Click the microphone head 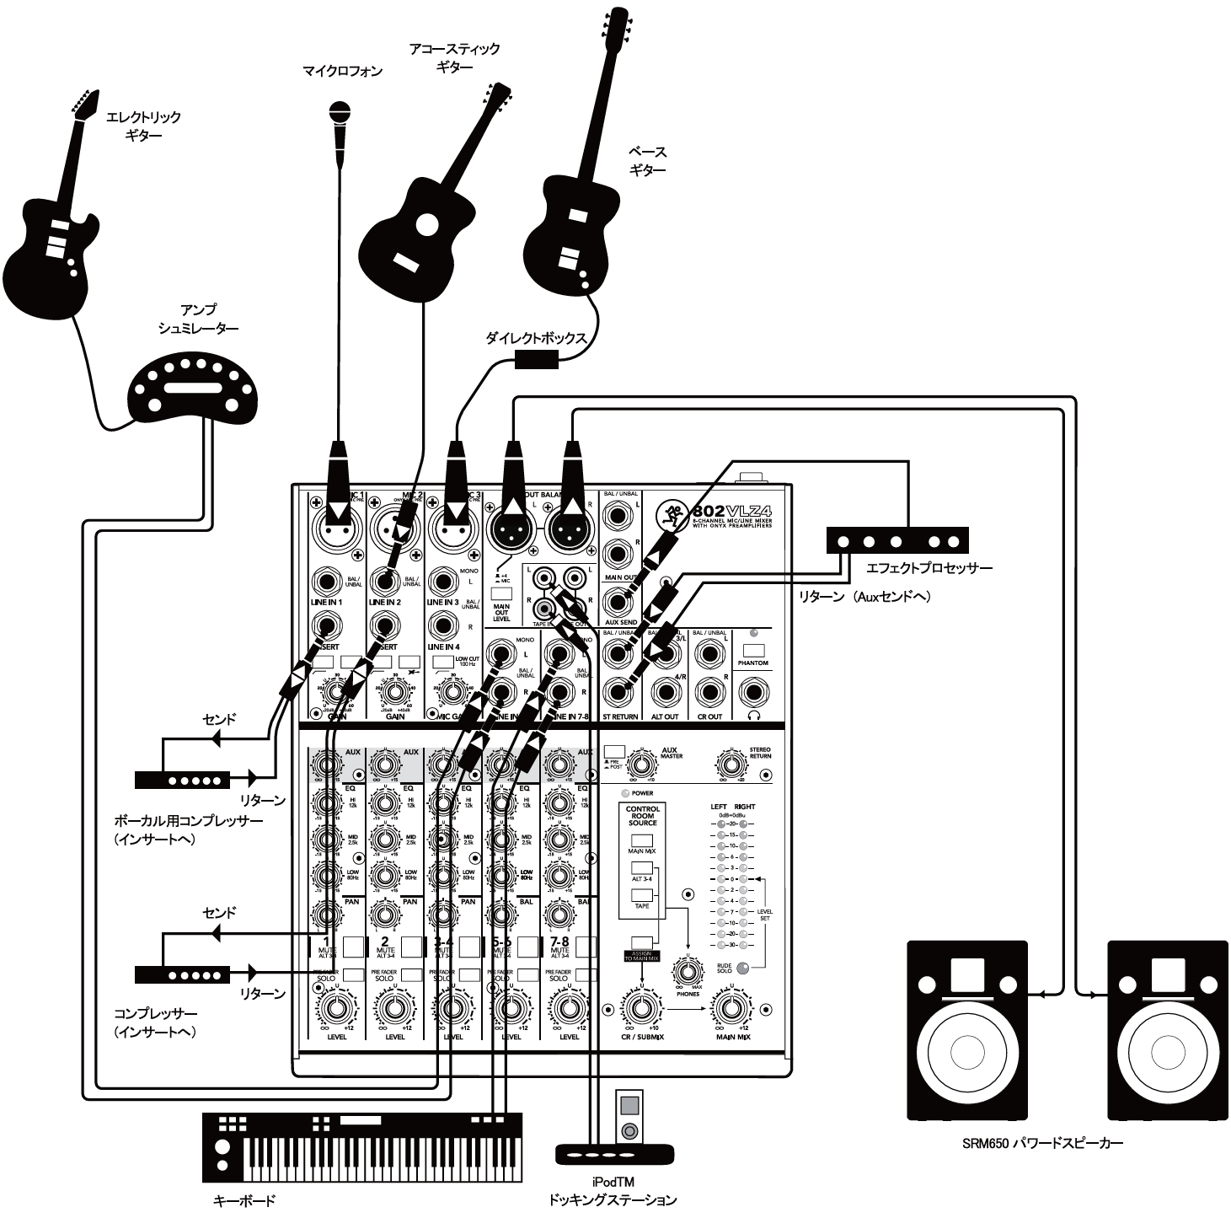[340, 112]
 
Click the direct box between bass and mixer [537, 360]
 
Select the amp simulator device [195, 389]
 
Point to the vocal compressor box [182, 780]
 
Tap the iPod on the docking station [629, 1115]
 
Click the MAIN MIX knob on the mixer [731, 1008]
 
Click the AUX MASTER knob [642, 764]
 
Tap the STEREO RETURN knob [731, 765]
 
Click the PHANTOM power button [753, 651]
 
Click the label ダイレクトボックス [536, 338]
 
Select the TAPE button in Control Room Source [642, 894]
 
